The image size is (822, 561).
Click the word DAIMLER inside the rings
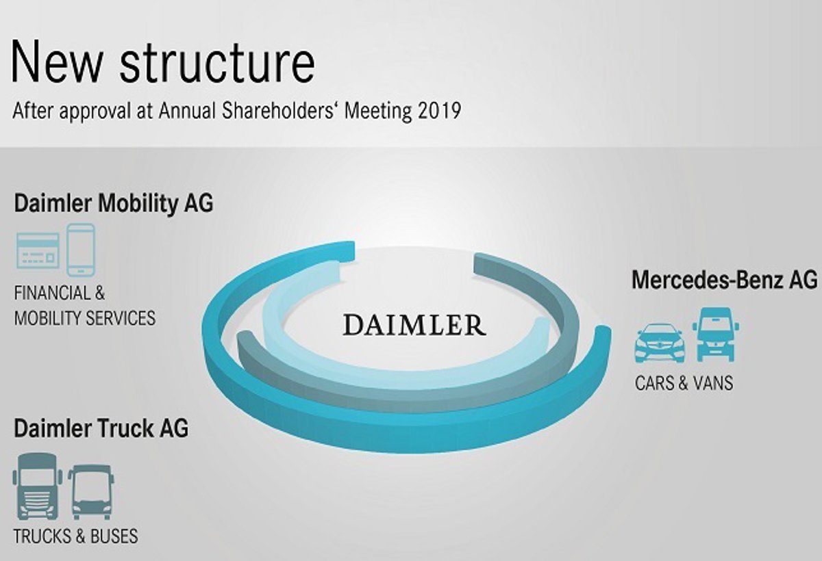coord(414,324)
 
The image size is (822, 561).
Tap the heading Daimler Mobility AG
coord(113,204)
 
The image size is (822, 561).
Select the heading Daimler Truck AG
coord(101,429)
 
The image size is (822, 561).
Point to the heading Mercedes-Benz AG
coord(724,280)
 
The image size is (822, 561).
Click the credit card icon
coord(38,250)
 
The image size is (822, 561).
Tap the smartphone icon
coord(81,250)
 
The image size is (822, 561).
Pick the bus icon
coord(91,491)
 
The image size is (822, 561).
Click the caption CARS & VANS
coord(684,383)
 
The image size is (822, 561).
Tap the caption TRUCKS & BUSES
coord(75,536)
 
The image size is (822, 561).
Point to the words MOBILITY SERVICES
coord(85,318)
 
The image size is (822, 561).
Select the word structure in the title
coord(218,62)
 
